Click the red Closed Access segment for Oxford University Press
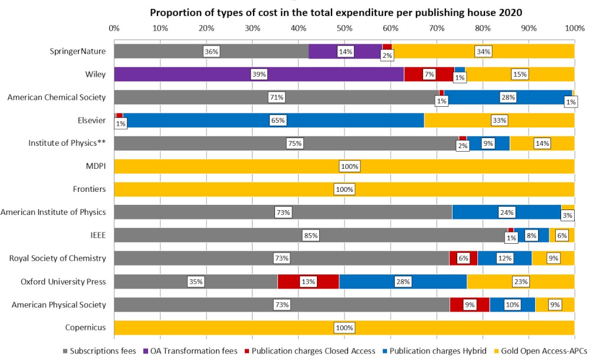pos(308,282)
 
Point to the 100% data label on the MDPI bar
pos(349,166)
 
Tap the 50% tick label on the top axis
pos(345,28)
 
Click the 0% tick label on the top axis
pos(114,28)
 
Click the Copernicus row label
pos(86,328)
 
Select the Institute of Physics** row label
pos(67,143)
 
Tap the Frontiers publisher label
pos(90,189)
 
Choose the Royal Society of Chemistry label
pos(58,258)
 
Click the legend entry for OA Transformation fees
pos(194,351)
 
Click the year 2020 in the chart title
pos(512,12)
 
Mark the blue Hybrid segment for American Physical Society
pos(512,305)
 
